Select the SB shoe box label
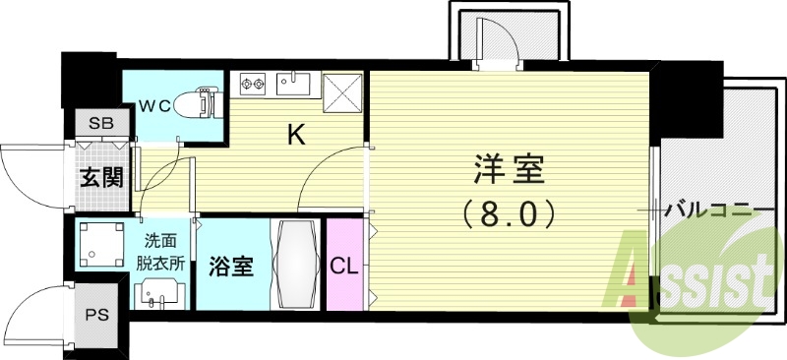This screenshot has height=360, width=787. pyautogui.click(x=99, y=124)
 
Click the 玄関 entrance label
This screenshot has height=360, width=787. pyautogui.click(x=99, y=179)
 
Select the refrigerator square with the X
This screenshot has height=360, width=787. pyautogui.click(x=346, y=95)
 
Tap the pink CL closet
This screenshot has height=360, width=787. pyautogui.click(x=343, y=264)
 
